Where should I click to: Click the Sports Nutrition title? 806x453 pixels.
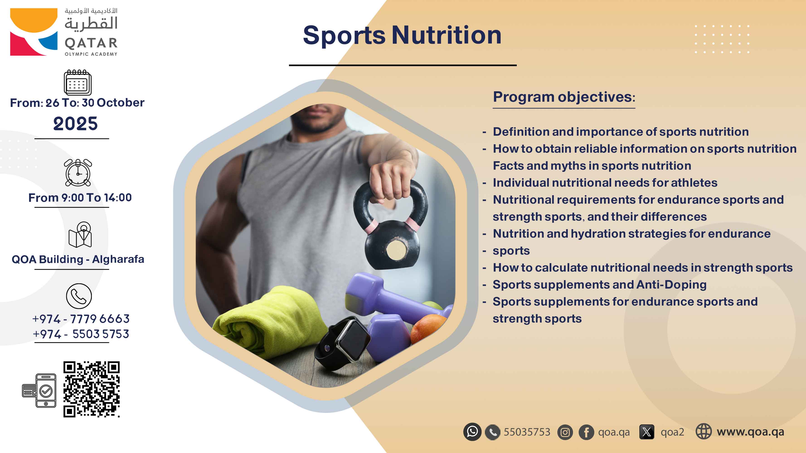point(402,35)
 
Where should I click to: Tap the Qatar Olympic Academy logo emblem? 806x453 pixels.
point(34,32)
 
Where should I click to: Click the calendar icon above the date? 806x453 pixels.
point(78,82)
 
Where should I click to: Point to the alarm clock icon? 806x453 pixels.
point(78,173)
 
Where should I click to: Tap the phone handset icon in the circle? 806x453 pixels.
point(79,296)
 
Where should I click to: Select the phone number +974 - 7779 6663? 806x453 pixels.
point(81,319)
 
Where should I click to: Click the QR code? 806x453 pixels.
point(91,389)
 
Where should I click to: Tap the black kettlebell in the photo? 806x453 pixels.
point(391,225)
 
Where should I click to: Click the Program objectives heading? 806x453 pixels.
point(564,97)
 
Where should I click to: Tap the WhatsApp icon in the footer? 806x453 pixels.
point(472,432)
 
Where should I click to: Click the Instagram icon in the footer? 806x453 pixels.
point(565,432)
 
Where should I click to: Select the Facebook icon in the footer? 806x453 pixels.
point(586,432)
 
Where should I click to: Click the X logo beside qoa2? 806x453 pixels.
point(647,432)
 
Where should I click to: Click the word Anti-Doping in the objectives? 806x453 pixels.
point(671,284)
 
